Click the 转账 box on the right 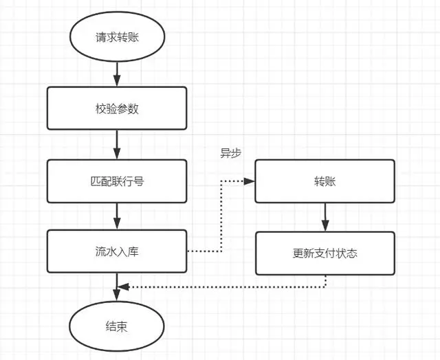(x=325, y=181)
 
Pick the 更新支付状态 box (x=325, y=253)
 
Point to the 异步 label (x=230, y=154)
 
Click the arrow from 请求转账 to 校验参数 (x=116, y=72)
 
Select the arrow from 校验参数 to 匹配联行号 (x=116, y=144)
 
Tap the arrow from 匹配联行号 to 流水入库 (x=116, y=216)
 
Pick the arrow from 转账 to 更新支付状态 (x=325, y=217)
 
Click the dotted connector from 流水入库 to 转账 (x=220, y=220)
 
